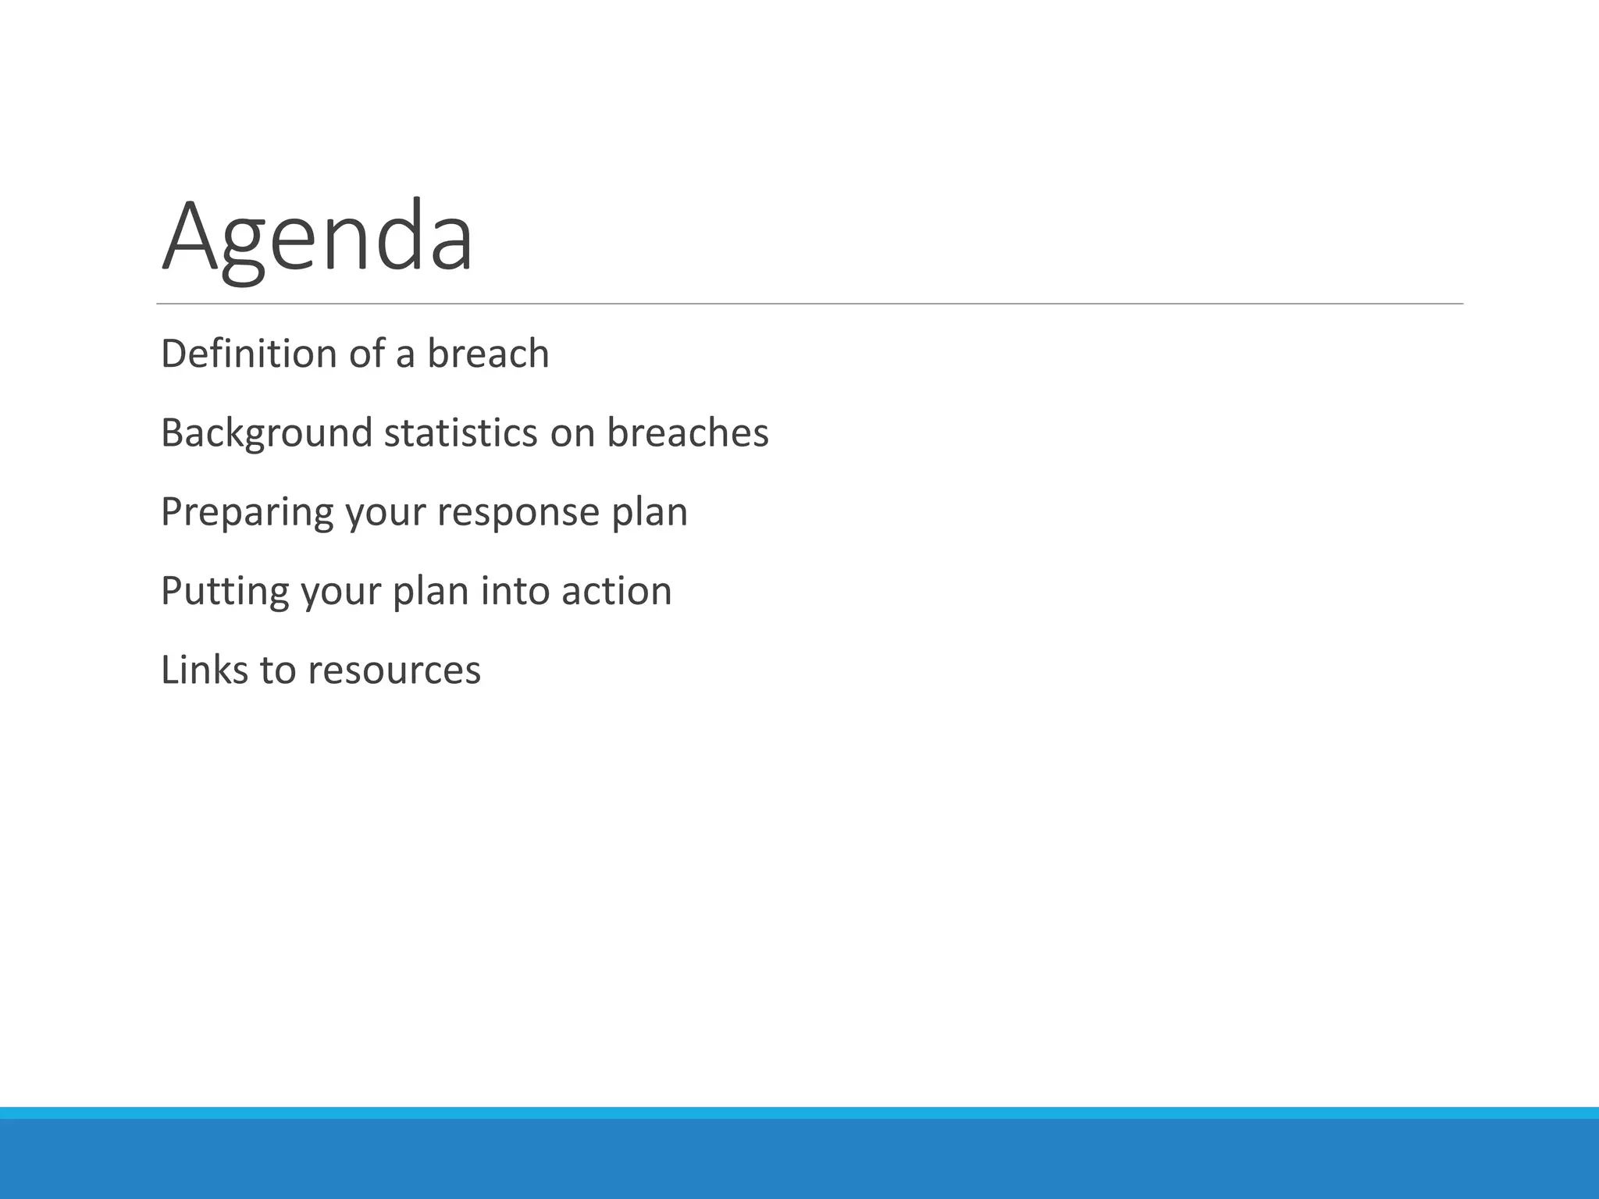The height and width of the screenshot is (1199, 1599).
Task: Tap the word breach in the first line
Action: tap(488, 354)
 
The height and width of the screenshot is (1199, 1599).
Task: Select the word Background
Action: tap(266, 433)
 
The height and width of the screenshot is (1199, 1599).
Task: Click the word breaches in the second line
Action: tap(687, 433)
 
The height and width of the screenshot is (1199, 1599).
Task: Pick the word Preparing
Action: tap(247, 513)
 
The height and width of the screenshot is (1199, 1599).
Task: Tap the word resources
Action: tap(394, 671)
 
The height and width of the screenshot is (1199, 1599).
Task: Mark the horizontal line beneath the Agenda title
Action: tap(809, 304)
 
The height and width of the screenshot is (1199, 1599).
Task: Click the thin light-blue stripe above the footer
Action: tap(799, 1112)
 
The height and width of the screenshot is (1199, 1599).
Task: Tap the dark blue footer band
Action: tap(799, 1159)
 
